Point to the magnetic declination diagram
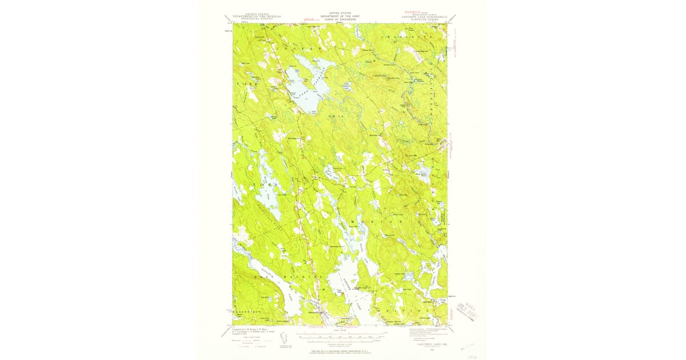pyautogui.click(x=284, y=338)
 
